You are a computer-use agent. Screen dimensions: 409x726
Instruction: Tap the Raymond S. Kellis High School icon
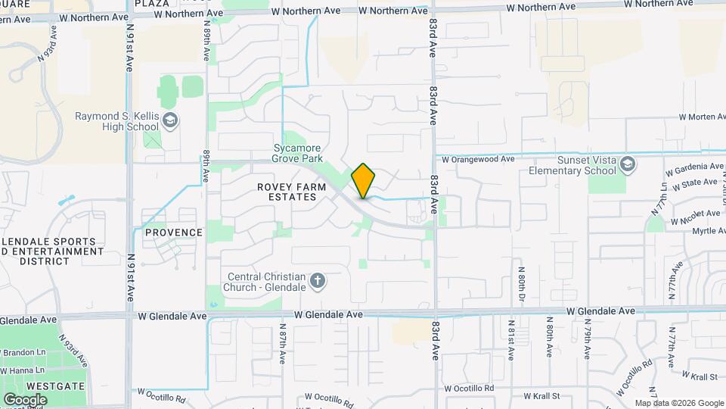(172, 120)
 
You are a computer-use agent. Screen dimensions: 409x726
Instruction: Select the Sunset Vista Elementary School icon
(627, 164)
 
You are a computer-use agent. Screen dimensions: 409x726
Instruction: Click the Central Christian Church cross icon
(318, 281)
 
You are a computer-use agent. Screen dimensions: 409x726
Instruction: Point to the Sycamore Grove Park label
(297, 154)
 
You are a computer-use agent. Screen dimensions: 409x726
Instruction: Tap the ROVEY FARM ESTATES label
(286, 192)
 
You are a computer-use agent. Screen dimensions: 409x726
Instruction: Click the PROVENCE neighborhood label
(174, 233)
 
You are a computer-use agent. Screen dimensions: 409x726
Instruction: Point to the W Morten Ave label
(703, 117)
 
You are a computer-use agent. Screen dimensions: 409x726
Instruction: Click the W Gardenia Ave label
(695, 167)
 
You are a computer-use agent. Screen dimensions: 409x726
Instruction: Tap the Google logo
(25, 399)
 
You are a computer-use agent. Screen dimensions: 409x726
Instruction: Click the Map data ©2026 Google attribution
(678, 403)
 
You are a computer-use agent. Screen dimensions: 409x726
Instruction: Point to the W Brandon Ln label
(23, 353)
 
